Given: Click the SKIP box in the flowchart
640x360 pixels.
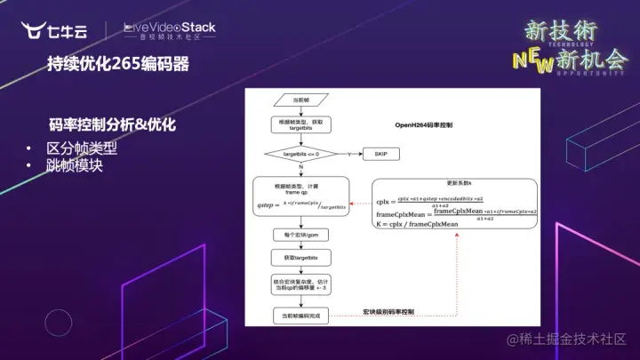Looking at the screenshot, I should [x=381, y=155].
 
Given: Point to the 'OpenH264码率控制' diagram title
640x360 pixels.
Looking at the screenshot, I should [x=424, y=127].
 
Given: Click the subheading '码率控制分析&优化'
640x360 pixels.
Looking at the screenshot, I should [x=112, y=124].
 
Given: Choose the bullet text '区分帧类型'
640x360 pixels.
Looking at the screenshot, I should [x=82, y=148].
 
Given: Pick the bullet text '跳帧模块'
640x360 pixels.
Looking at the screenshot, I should [x=75, y=164].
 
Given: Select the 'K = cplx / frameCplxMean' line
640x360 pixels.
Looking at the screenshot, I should [x=419, y=225].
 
